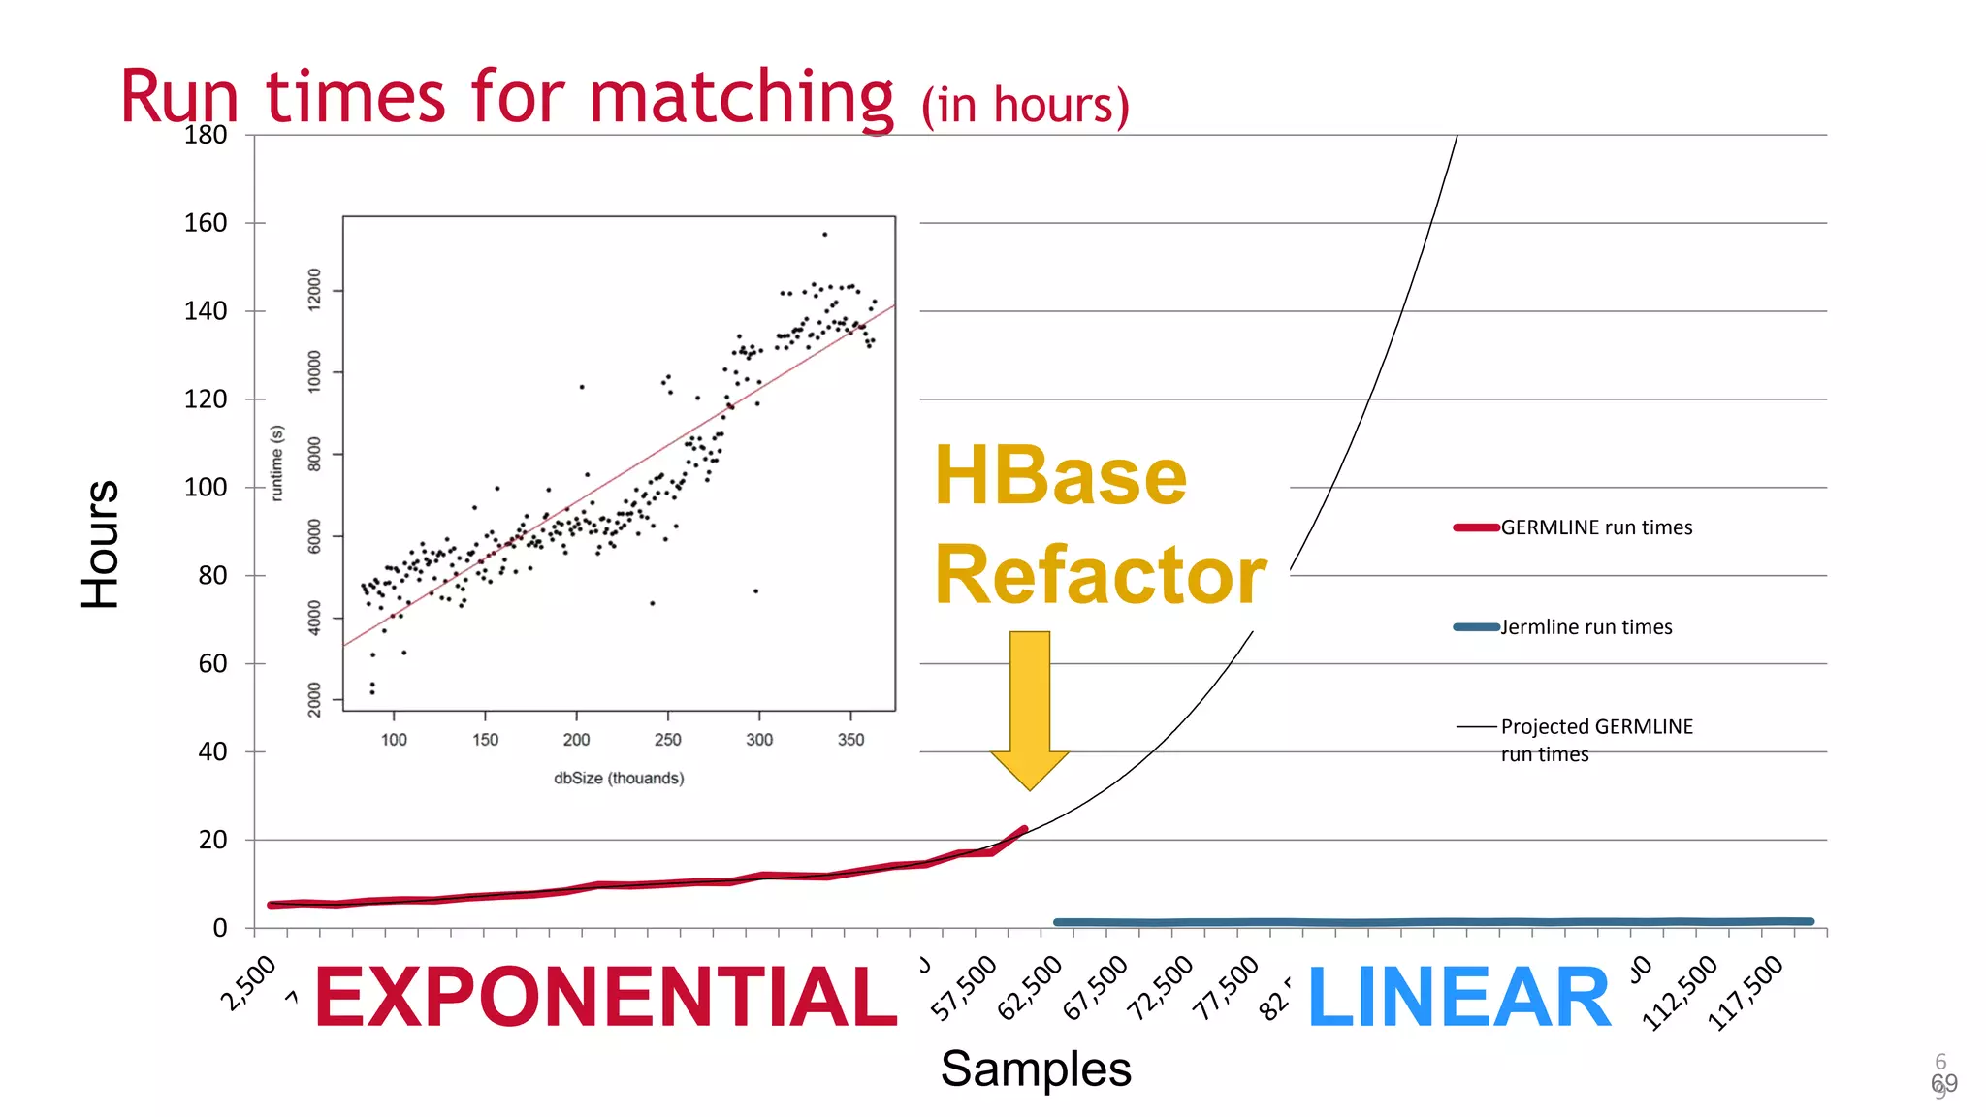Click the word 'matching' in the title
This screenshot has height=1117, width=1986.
(741, 97)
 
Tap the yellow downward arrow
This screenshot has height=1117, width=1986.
(1029, 708)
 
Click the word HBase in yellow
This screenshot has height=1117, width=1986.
(1060, 476)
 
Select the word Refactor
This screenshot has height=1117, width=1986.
(1100, 575)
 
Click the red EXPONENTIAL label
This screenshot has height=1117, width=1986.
(606, 998)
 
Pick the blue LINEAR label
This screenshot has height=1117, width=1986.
(1458, 998)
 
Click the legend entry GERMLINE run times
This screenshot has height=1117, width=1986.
(1595, 527)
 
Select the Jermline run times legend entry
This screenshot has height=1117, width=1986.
(1586, 627)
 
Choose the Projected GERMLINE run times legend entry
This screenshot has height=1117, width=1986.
(1595, 739)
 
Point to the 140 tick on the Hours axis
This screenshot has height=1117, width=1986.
(206, 311)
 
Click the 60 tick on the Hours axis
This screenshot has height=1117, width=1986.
(212, 664)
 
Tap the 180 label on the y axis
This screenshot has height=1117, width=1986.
(206, 135)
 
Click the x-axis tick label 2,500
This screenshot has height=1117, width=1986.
(248, 982)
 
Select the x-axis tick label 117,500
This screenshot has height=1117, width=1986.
(1746, 991)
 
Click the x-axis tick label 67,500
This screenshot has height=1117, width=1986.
(1096, 987)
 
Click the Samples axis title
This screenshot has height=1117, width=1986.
(1035, 1069)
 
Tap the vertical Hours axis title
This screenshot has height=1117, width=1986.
(100, 543)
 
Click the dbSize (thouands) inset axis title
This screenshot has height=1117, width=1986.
(619, 778)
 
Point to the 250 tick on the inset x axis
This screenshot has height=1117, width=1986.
(667, 740)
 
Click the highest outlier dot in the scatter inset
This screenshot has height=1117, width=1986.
(824, 234)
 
